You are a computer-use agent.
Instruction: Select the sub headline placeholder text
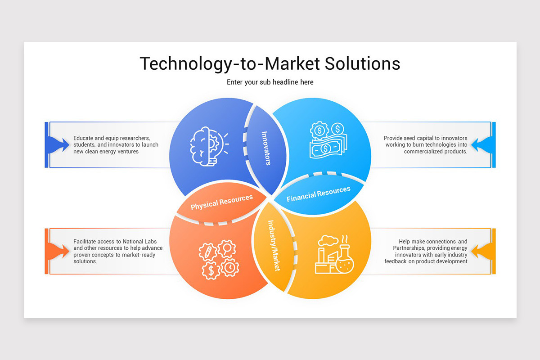pos(270,82)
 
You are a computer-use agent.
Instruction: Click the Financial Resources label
pos(319,194)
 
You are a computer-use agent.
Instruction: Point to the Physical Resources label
pos(221,202)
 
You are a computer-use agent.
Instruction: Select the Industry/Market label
pos(274,245)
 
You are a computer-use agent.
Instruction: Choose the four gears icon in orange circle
pos(218,260)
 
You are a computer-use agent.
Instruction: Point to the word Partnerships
pos(409,248)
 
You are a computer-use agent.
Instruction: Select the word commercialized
pos(427,152)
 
